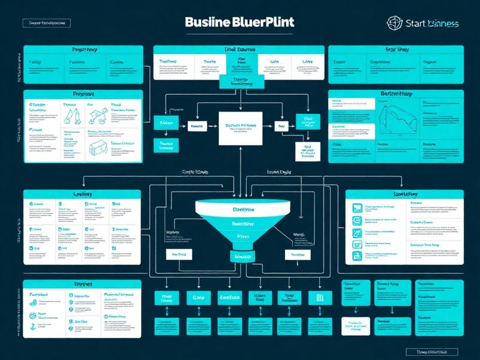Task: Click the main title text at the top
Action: pyautogui.click(x=240, y=22)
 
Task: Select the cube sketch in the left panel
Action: pyautogui.click(x=76, y=145)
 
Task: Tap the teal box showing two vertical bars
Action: pyautogui.click(x=319, y=298)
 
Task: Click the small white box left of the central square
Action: pyautogui.click(x=196, y=127)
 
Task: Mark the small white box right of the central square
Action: pyautogui.click(x=282, y=127)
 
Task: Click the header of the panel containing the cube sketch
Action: pyautogui.click(x=83, y=94)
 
